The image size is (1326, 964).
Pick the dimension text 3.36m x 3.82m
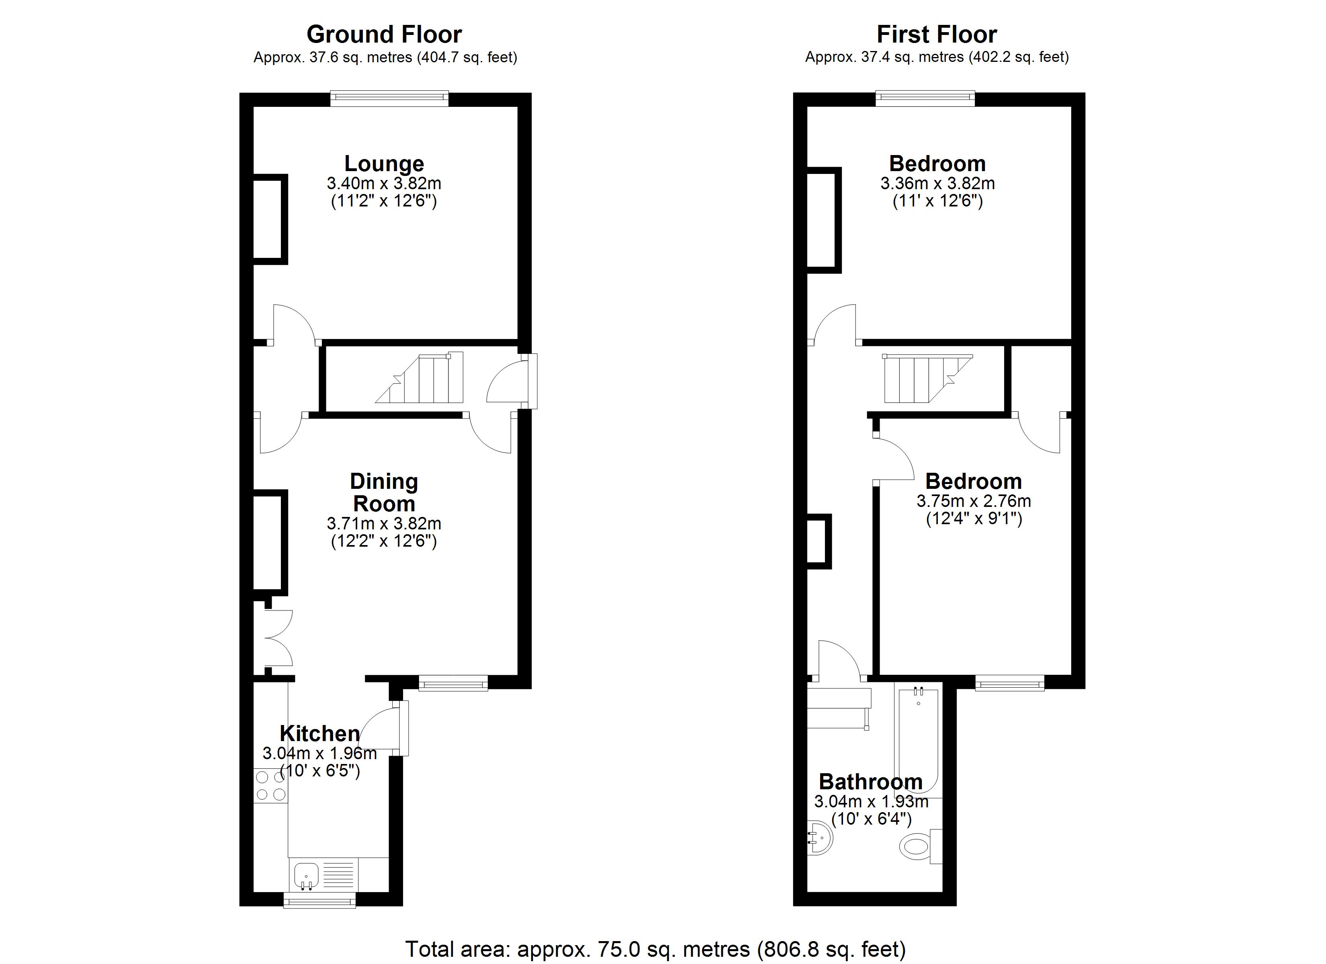937,184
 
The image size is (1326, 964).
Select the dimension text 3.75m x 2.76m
974,501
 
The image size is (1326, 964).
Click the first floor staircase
924,379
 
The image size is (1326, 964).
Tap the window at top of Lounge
389,98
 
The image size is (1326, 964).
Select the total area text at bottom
655,948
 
